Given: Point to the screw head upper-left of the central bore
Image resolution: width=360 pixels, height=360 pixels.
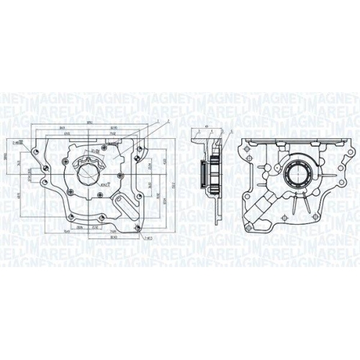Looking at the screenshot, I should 76,159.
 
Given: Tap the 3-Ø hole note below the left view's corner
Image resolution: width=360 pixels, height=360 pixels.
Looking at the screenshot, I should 147,237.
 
